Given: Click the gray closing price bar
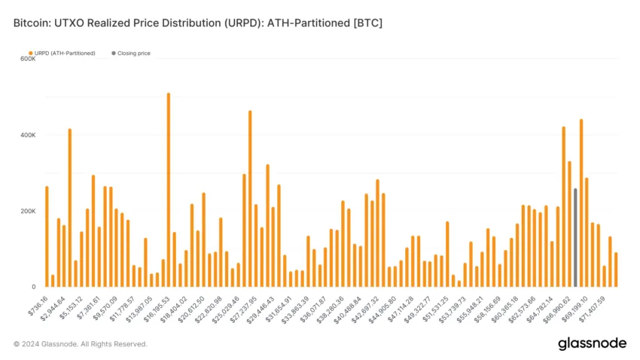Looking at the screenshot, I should (575, 237).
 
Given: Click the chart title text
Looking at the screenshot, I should (198, 23).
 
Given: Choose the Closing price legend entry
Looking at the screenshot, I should (133, 53).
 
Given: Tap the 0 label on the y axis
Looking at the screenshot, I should (32, 287).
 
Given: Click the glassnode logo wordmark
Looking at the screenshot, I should (592, 343).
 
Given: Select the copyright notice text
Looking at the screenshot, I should (81, 344).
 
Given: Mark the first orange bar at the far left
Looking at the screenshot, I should (47, 236).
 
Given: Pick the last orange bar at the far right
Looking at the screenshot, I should (616, 270).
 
